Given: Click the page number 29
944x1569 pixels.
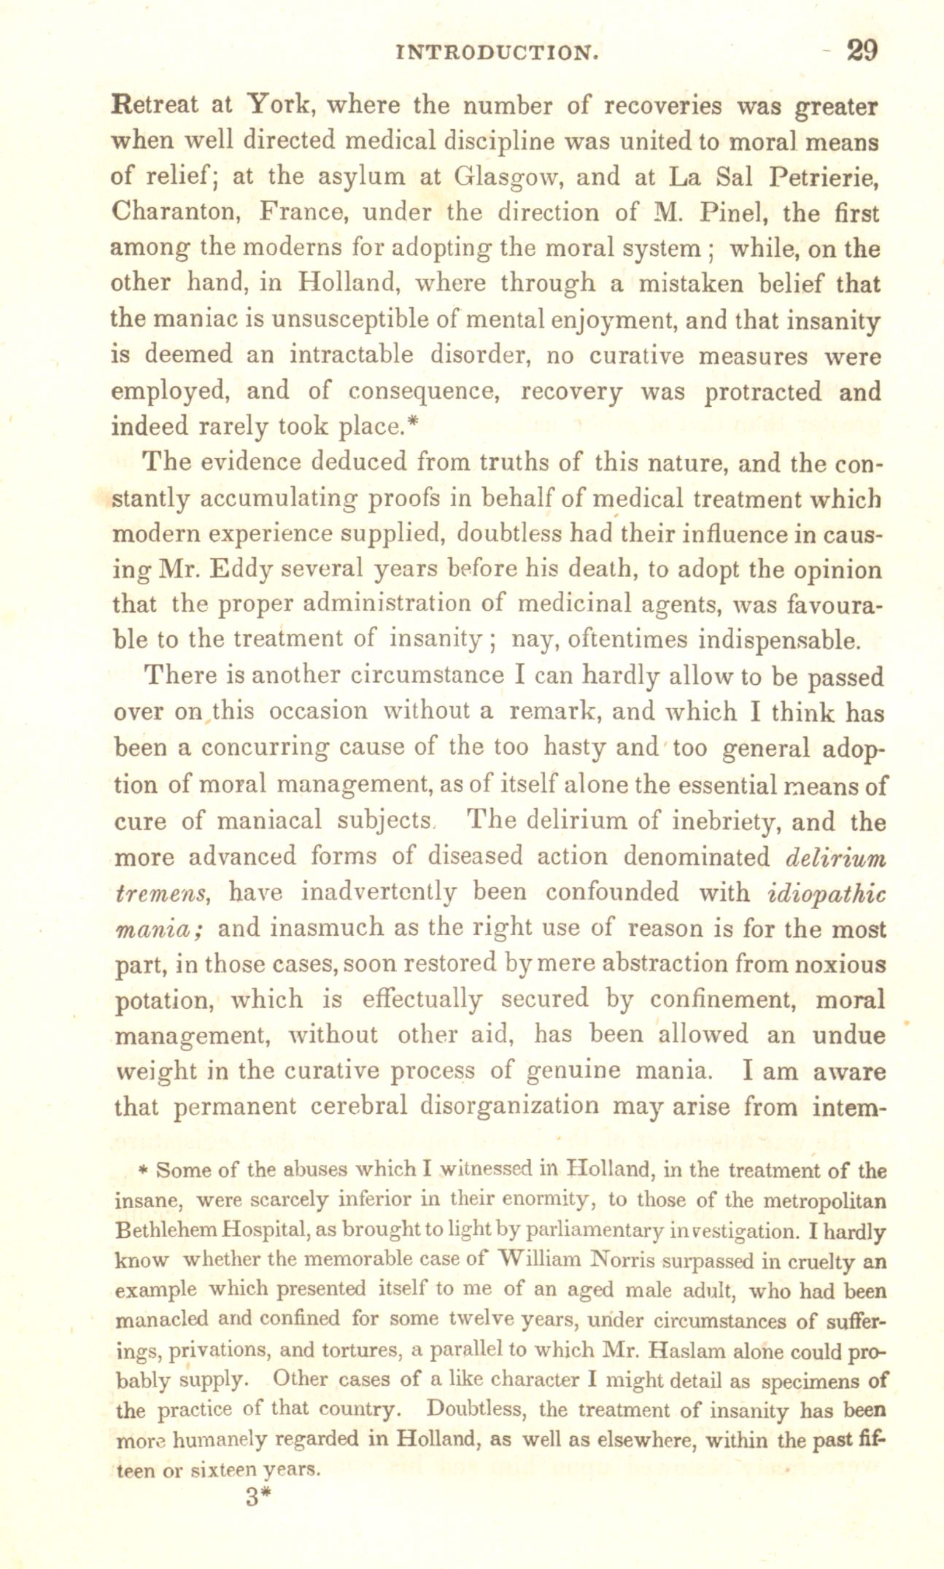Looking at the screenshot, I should click(x=861, y=50).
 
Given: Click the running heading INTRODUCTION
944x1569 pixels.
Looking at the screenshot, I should click(x=498, y=53).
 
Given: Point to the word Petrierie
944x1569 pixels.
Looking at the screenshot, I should click(x=824, y=177).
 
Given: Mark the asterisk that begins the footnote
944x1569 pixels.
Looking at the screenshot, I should click(x=144, y=1170).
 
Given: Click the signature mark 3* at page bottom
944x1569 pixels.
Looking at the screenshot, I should click(x=258, y=1497).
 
